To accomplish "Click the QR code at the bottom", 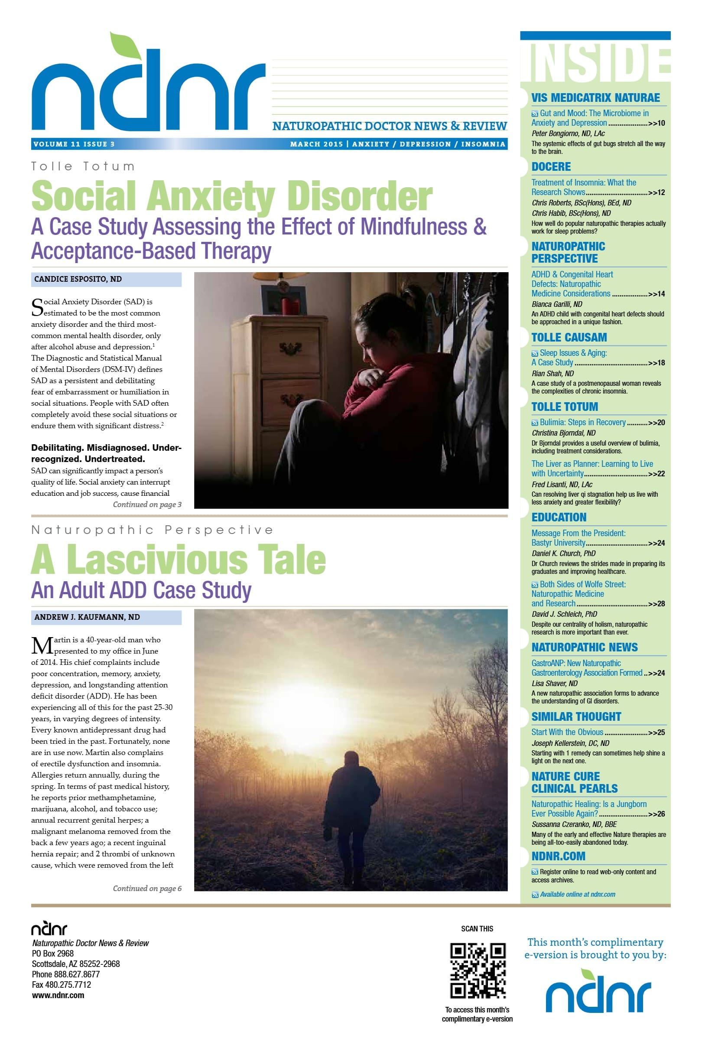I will [x=478, y=970].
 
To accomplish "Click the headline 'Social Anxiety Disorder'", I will [x=231, y=196].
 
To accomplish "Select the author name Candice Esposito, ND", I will [x=78, y=279].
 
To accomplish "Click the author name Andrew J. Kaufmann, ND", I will [x=87, y=617].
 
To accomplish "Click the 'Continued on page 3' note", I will [x=147, y=504].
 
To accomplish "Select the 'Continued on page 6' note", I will [x=147, y=888].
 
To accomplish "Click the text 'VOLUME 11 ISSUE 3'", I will [x=74, y=144].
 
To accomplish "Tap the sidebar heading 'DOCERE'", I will [x=551, y=167].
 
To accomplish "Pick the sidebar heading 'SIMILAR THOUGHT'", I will [x=576, y=717].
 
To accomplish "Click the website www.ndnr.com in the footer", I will [x=58, y=1004].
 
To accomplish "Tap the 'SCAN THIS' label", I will [x=477, y=929].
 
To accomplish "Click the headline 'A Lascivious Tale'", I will [x=178, y=559].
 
